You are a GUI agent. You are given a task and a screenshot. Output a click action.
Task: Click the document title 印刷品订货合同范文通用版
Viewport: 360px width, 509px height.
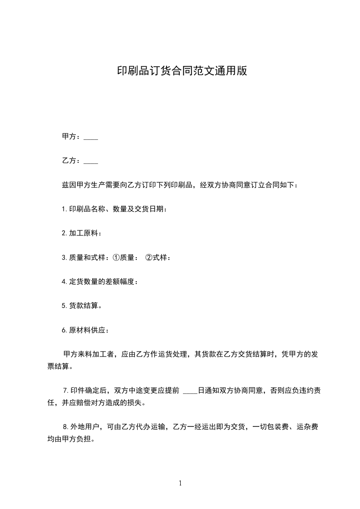point(182,71)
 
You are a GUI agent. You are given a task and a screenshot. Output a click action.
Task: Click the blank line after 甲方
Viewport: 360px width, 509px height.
point(91,137)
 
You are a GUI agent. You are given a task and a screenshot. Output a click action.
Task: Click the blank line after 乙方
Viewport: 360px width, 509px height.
point(91,162)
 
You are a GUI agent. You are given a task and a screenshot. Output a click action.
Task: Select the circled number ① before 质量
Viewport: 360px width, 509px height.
point(116,257)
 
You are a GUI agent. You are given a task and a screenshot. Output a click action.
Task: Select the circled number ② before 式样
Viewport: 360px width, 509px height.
point(148,257)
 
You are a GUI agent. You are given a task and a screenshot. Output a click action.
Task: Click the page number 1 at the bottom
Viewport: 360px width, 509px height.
point(180,484)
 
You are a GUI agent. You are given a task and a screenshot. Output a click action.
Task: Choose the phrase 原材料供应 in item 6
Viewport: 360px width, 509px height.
point(87,330)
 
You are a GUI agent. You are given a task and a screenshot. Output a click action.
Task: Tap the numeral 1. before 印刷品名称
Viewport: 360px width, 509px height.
point(64,209)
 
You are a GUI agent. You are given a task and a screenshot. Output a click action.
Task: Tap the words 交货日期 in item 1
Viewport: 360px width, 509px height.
point(150,209)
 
